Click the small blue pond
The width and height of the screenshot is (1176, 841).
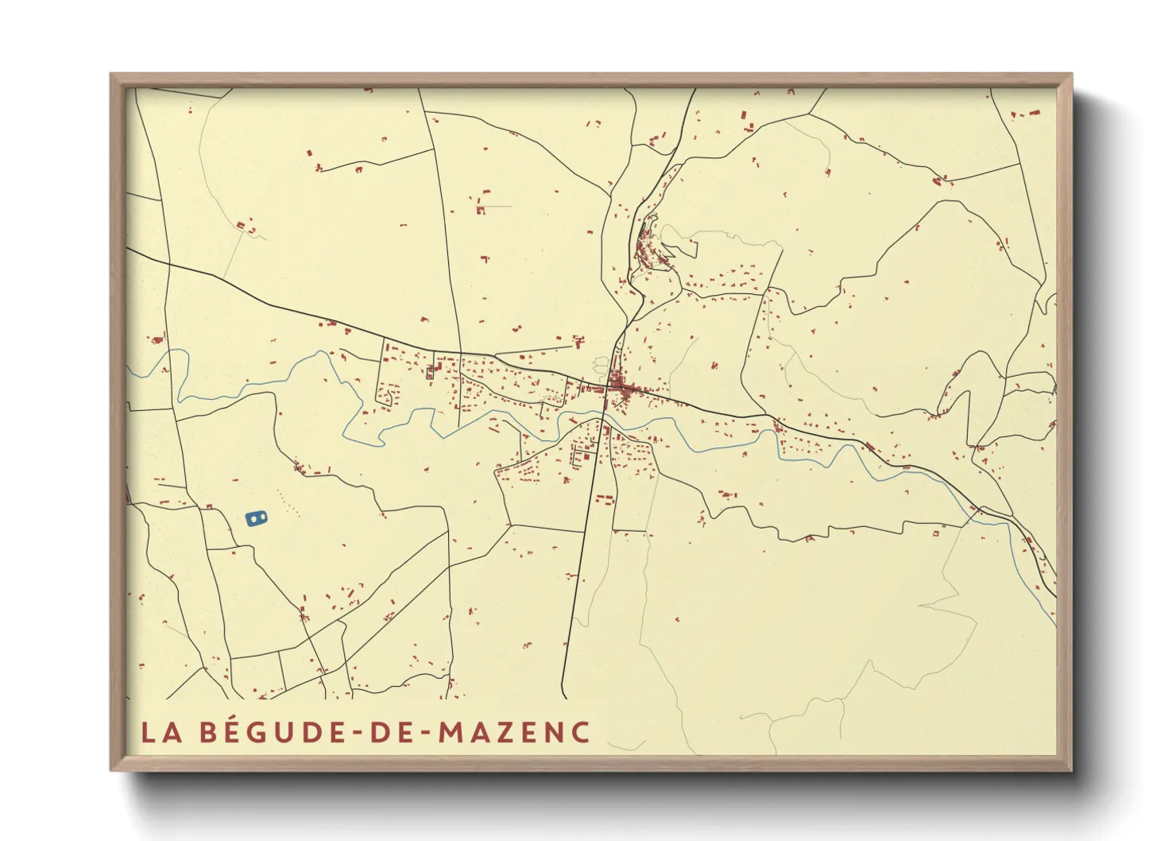(x=256, y=519)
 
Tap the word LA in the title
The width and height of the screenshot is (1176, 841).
(x=161, y=732)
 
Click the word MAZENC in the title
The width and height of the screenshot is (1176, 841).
(x=514, y=732)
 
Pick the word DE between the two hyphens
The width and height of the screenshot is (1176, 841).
(x=393, y=732)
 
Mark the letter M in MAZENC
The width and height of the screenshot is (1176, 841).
(x=452, y=732)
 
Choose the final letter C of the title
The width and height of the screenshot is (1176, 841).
(x=579, y=732)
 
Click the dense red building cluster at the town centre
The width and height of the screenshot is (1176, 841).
(x=622, y=389)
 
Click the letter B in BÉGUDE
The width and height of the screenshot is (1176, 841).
(x=208, y=732)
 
